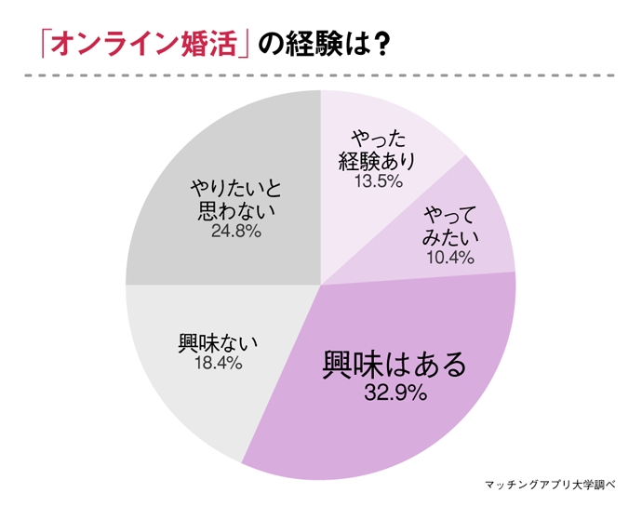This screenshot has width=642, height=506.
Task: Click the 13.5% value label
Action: pos(378,181)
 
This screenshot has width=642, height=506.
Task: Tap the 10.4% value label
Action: pos(449,258)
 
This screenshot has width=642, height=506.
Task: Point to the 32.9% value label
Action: pos(395,393)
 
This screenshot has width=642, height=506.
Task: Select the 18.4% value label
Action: pos(219,363)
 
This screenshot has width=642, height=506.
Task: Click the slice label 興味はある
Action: pos(395,363)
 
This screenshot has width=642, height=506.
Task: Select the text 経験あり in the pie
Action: pos(377,160)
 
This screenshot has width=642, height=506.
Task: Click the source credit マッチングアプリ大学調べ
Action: pos(556,485)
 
